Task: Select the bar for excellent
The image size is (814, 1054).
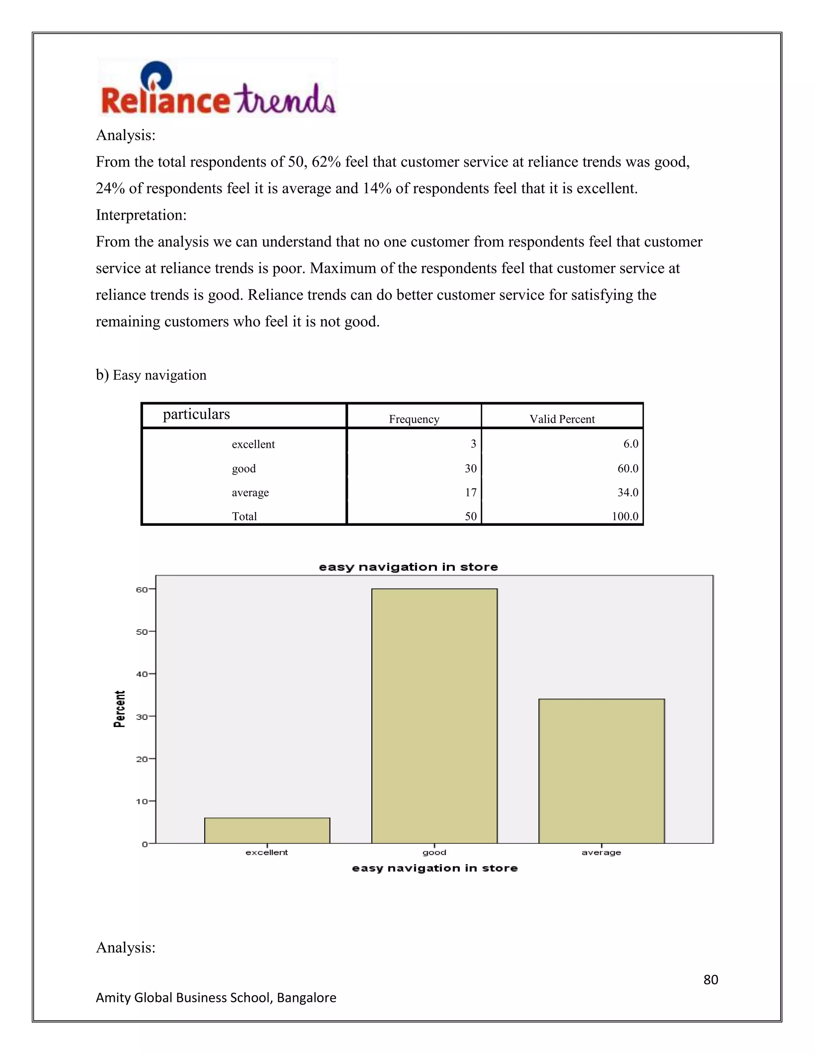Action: pos(267,830)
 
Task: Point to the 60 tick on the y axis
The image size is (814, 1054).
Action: pos(142,589)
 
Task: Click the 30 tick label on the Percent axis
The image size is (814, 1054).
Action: pos(142,717)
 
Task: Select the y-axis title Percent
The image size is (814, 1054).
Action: pos(119,708)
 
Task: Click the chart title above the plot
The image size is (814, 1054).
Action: pos(408,567)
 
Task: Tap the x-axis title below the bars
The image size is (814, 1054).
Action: pos(434,868)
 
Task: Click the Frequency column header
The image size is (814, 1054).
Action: pos(414,419)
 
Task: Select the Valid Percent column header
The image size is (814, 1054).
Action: pos(562,419)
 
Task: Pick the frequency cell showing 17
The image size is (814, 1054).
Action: pos(471,492)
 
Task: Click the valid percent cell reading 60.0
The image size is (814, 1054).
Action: pos(627,468)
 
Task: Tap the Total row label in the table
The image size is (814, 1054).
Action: pos(244,516)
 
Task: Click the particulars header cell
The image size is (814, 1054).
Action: pos(196,414)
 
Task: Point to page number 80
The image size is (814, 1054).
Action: pos(710,979)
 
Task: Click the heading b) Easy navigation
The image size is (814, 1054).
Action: pos(151,375)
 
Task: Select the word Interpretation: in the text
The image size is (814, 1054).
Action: pos(141,215)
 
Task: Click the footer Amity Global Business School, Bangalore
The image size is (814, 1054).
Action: pos(215,998)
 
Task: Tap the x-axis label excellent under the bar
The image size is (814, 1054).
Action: pos(267,852)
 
